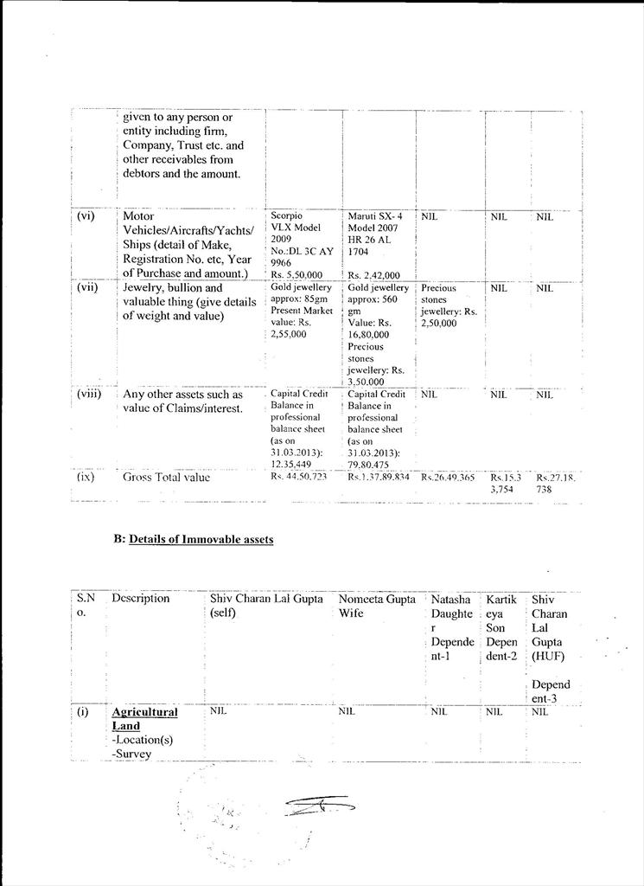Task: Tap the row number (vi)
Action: coord(86,216)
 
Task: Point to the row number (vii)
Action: coord(87,287)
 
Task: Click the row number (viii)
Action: coord(89,394)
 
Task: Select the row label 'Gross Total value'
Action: coord(166,476)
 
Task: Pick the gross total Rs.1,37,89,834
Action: coord(379,476)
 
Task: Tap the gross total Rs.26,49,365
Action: coord(449,476)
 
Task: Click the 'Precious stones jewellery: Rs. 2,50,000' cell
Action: coord(449,305)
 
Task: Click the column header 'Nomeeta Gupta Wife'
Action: coord(377,606)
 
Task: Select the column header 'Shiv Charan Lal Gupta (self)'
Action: coord(266,606)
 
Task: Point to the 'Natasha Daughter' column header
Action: coord(452,627)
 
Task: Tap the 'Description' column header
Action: coord(141,599)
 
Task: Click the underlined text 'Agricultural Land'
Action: coord(144,719)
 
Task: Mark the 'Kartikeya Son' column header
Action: coord(501,627)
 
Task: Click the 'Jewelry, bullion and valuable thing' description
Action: coord(189,301)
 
